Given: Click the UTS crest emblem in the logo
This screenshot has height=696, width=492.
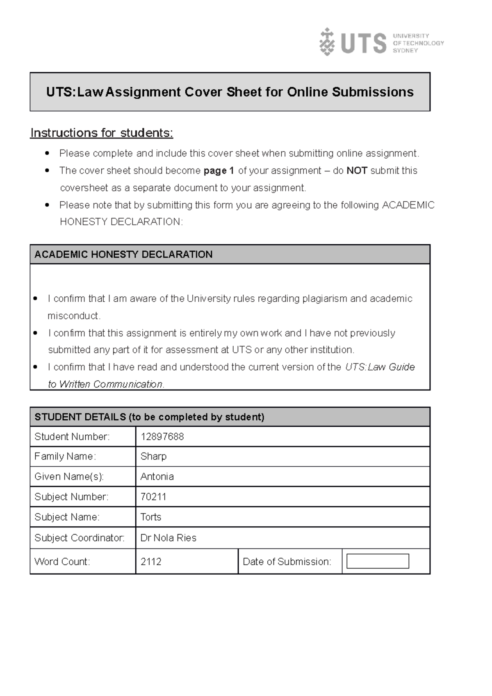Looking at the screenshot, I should (327, 42).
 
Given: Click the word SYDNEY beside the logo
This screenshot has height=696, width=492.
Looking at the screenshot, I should (405, 50).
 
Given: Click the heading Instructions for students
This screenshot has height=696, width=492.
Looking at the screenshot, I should (102, 133).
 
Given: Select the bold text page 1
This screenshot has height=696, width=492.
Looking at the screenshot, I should (219, 171).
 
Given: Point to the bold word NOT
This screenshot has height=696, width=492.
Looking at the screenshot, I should (357, 171).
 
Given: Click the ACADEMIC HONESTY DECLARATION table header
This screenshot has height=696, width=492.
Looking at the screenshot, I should (123, 254).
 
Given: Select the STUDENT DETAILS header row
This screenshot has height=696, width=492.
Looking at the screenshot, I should (149, 417).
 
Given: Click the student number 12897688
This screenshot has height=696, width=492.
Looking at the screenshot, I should (162, 437).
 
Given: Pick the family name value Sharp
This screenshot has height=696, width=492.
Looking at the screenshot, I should (153, 456).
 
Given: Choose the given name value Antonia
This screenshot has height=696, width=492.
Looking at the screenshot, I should (157, 476).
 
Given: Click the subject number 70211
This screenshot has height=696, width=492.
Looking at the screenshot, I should (153, 497).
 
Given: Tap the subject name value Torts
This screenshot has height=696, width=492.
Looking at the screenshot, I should (150, 517).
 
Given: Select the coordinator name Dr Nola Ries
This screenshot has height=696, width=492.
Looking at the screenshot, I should (168, 538).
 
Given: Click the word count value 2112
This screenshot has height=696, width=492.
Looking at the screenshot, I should (151, 562).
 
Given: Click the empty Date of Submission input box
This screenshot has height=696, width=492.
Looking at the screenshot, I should (378, 561).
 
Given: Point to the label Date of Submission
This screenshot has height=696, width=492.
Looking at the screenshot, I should (287, 562).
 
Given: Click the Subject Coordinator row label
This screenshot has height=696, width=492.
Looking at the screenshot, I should (80, 538).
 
